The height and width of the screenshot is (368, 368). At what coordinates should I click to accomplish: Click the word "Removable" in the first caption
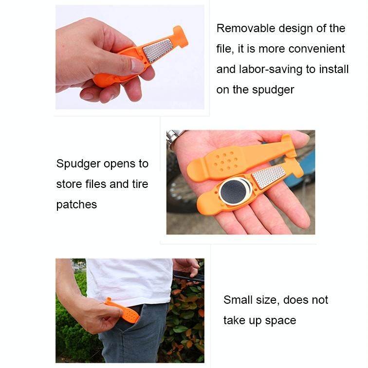(246, 28)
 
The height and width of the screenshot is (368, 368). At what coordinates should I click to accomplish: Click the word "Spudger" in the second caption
(78, 164)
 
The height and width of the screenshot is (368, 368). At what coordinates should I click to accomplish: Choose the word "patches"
(76, 204)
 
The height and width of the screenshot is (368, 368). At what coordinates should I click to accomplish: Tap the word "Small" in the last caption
(238, 300)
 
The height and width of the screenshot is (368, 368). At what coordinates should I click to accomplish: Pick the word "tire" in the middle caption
(140, 184)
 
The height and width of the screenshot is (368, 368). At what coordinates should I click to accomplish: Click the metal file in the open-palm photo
(269, 177)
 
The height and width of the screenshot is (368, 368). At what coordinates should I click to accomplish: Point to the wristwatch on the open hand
(174, 138)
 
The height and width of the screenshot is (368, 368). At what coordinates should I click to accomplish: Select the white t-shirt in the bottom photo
(129, 282)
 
